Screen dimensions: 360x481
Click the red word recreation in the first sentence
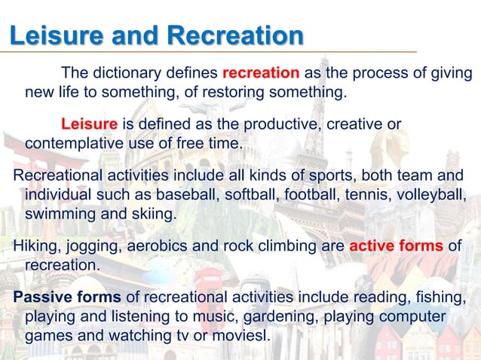tap(261, 73)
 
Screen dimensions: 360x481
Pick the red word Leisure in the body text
tap(89, 123)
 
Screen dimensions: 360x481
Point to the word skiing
tap(155, 214)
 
